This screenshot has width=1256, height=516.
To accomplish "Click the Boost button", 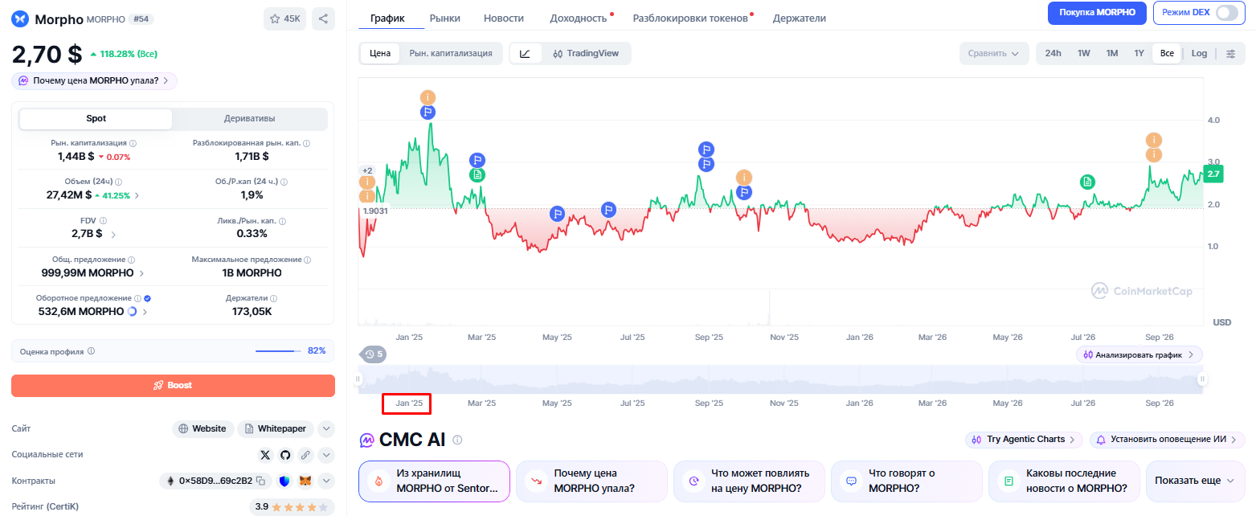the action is (173, 385).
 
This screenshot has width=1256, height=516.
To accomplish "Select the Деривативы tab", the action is (250, 118).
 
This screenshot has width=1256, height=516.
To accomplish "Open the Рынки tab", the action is (444, 18).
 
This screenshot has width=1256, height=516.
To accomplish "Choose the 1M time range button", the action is (1112, 53).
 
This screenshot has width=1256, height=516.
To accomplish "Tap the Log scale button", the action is (1199, 53).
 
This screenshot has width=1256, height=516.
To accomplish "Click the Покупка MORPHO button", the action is (1098, 13).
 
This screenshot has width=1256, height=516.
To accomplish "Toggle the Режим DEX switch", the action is (1227, 13).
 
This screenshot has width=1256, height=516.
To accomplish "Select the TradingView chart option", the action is (585, 53).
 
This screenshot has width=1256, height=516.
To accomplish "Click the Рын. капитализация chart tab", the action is (451, 53).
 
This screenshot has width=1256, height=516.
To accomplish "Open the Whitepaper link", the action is (276, 428).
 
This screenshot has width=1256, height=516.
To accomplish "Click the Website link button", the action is (203, 428).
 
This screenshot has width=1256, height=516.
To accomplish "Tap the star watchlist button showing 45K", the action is (284, 18).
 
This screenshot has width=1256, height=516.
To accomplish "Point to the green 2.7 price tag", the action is (1213, 174).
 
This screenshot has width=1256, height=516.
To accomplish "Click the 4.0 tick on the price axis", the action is (1213, 120).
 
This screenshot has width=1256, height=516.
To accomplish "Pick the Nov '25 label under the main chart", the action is (783, 337).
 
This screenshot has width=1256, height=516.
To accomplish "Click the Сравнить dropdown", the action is (993, 53).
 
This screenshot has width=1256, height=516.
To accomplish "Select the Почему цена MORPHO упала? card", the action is (591, 481).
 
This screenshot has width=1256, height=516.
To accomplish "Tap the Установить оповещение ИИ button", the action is (1168, 439).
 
